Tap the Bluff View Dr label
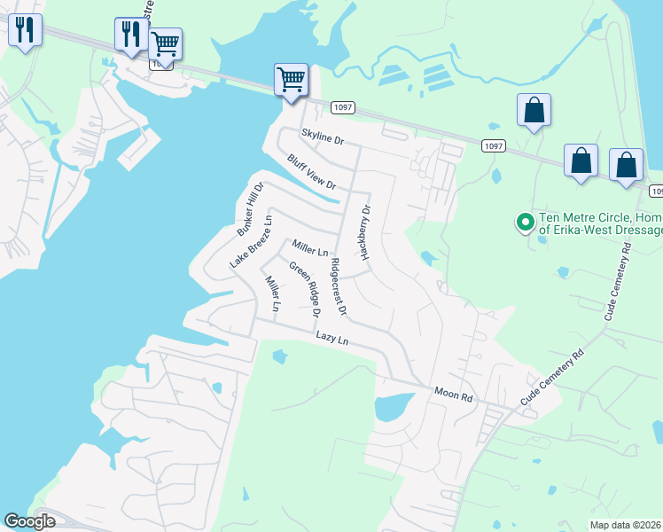tap(312, 172)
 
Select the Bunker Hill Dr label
tap(251, 210)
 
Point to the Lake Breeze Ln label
tap(250, 241)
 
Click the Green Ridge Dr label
tap(303, 287)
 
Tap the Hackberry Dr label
tap(363, 232)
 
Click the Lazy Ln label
tap(332, 340)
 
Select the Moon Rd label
tap(454, 395)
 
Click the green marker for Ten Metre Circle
tap(525, 222)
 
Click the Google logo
tap(30, 521)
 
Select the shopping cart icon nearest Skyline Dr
tap(291, 80)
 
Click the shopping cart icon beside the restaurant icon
tap(165, 43)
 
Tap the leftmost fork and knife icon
tap(25, 31)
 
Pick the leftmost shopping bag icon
tap(534, 111)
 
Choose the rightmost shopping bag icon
tap(627, 165)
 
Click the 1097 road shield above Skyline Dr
tap(343, 107)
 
